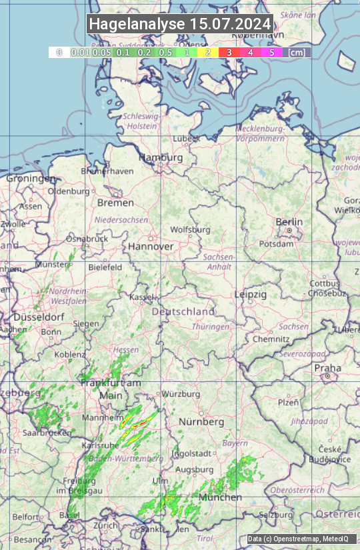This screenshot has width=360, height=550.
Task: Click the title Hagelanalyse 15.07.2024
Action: [180, 24]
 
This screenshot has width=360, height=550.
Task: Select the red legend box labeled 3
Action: [229, 51]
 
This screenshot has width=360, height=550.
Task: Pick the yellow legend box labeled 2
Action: [208, 51]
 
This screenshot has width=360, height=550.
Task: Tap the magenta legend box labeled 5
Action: [271, 51]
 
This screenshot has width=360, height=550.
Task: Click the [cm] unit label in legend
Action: [297, 51]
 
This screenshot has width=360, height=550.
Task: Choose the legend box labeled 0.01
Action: [81, 51]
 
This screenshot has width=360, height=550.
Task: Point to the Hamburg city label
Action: [160, 157]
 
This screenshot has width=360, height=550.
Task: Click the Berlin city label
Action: [289, 222]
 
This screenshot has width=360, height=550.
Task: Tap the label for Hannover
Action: [151, 246]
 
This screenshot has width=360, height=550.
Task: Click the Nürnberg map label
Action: [201, 422]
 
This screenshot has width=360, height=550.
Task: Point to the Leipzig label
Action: [251, 294]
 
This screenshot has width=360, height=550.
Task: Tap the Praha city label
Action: [328, 368]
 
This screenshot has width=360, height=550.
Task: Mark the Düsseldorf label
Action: [39, 317]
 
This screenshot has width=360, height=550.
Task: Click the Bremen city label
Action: [115, 202]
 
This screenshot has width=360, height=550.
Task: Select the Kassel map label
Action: [141, 297]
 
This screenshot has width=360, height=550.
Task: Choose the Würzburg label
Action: [181, 394]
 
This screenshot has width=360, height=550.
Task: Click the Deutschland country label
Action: [183, 311]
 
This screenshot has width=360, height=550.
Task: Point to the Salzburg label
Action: [277, 515]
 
